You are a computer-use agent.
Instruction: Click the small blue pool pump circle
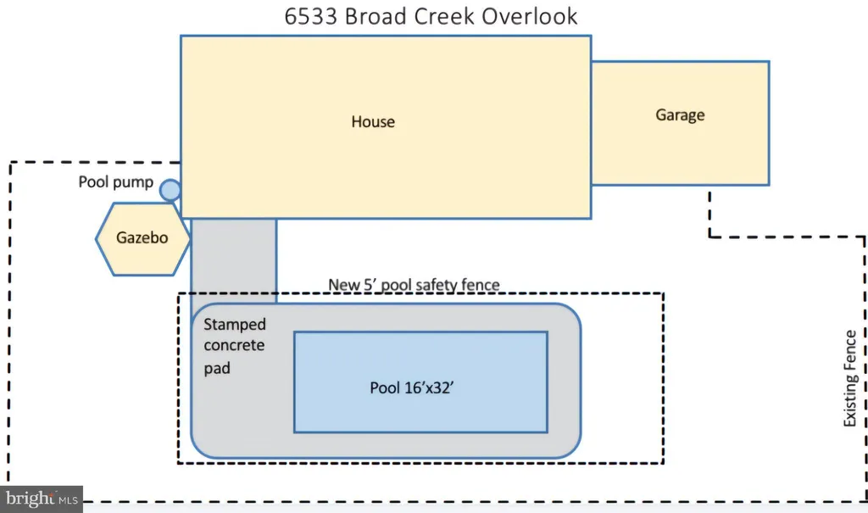(x=170, y=190)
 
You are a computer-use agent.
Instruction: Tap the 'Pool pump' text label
(x=115, y=182)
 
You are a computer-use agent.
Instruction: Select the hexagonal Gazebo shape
(x=142, y=239)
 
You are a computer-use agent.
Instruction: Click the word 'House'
(x=373, y=122)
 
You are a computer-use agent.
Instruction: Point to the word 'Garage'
(x=680, y=115)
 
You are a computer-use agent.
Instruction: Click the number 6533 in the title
(x=310, y=17)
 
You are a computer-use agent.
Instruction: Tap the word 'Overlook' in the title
(x=529, y=17)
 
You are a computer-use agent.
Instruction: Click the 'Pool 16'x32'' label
(x=412, y=388)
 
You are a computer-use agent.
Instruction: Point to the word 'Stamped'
(x=235, y=325)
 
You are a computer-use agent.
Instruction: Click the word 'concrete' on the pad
(x=234, y=346)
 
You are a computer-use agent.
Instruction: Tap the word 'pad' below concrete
(x=217, y=368)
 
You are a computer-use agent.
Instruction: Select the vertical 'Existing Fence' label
(x=849, y=378)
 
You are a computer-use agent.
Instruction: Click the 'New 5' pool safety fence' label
(x=414, y=285)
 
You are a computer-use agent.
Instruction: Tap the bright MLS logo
(x=42, y=499)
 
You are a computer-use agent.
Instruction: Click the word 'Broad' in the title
(x=376, y=17)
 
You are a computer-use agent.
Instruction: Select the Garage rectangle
(x=681, y=123)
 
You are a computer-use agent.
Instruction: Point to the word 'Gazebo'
(x=142, y=238)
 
